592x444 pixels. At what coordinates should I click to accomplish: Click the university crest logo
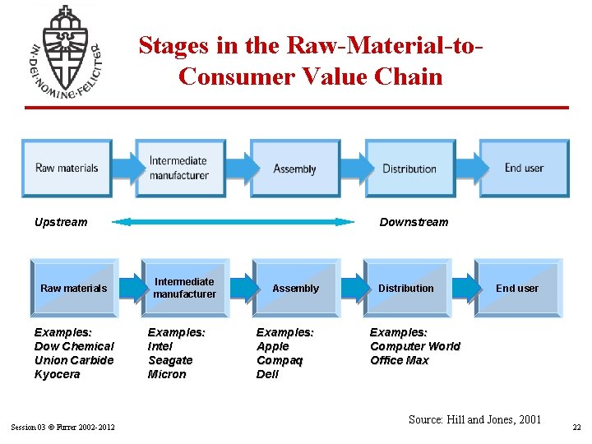(65, 52)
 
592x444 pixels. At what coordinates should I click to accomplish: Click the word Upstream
(61, 222)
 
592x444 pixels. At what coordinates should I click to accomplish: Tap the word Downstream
(414, 222)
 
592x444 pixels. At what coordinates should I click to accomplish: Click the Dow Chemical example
(74, 346)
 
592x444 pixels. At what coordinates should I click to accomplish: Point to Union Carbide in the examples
(74, 360)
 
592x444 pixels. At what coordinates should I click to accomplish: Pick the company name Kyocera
(58, 374)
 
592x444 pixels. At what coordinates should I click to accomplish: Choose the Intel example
(160, 346)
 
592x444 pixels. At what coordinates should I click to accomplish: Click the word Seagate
(170, 360)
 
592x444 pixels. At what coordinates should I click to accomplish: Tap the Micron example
(167, 374)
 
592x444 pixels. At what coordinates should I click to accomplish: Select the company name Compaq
(280, 360)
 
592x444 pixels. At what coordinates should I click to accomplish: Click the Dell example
(268, 374)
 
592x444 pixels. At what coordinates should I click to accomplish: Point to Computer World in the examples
(415, 346)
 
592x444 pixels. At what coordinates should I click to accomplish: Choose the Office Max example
(400, 360)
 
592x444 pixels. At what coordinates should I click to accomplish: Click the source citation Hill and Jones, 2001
(474, 419)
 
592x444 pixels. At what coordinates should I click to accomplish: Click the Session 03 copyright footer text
(62, 426)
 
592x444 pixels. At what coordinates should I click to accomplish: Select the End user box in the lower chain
(517, 288)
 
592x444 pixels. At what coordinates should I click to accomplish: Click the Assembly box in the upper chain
(295, 169)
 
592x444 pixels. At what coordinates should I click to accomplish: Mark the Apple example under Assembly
(273, 346)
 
